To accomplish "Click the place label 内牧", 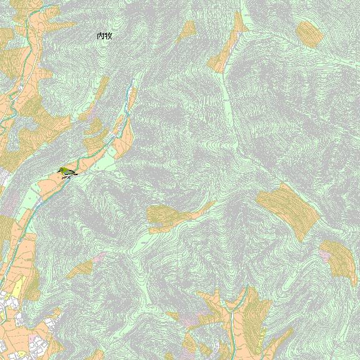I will [x=104, y=36].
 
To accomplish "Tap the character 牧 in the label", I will [x=108, y=36].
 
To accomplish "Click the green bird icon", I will [x=66, y=172].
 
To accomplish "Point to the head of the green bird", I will [x=61, y=169].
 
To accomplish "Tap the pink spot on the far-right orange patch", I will [x=326, y=256].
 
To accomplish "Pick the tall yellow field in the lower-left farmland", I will [x=17, y=288].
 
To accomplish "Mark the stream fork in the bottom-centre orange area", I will [x=232, y=312].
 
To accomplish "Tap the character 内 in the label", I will [x=101, y=36].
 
